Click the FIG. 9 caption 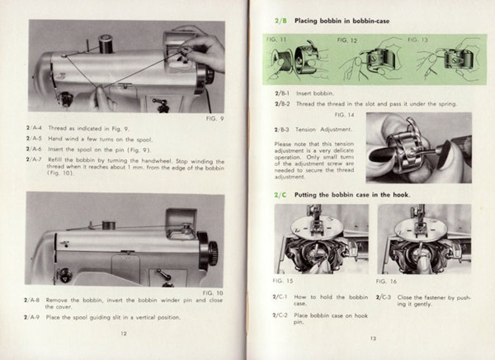(x=214, y=119)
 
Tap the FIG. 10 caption (x=213, y=293)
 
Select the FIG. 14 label (x=344, y=115)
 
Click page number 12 (x=123, y=333)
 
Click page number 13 (x=373, y=339)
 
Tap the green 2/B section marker (x=281, y=21)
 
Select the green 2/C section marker (x=281, y=195)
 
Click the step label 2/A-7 (x=34, y=160)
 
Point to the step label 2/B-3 (x=282, y=130)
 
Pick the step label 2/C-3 (x=383, y=298)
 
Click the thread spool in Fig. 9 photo (x=105, y=44)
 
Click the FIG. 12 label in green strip (x=347, y=41)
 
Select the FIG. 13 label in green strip (x=417, y=40)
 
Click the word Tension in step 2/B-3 (x=305, y=130)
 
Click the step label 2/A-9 (x=32, y=317)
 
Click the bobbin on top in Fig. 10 (x=109, y=225)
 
